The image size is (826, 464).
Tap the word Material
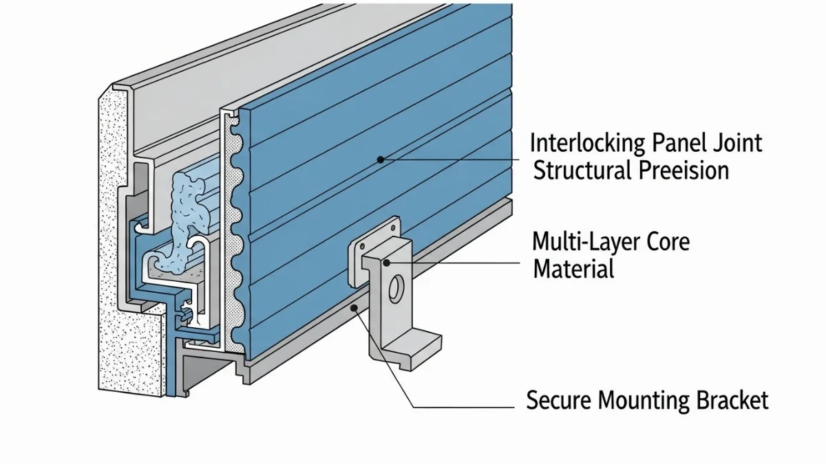pos(573,268)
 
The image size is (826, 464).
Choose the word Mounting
pos(642,400)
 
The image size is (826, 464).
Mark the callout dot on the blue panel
pos(380,159)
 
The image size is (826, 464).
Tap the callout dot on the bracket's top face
pos(388,262)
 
